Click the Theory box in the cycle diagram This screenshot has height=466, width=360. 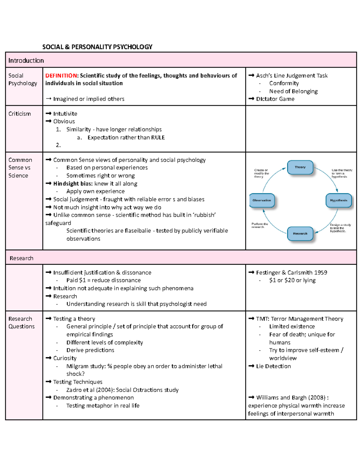tap(300, 167)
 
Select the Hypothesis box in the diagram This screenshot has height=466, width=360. tap(338, 200)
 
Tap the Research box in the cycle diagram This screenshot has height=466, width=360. tap(300, 233)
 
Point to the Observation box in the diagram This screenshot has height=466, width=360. tap(262, 200)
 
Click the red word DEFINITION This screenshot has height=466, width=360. tap(61, 76)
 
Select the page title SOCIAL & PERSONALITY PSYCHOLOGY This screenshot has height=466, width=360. tap(97, 47)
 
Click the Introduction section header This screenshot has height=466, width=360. tap(26, 61)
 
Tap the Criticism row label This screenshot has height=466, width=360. tap(19, 114)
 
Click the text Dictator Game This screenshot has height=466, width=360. tap(275, 99)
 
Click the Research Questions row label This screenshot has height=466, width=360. tap(21, 323)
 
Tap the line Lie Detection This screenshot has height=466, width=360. tap(273, 366)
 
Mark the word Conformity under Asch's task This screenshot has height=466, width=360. tap(284, 83)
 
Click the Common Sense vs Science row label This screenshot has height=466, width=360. tap(20, 168)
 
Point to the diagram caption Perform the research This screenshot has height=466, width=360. tap(259, 225)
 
